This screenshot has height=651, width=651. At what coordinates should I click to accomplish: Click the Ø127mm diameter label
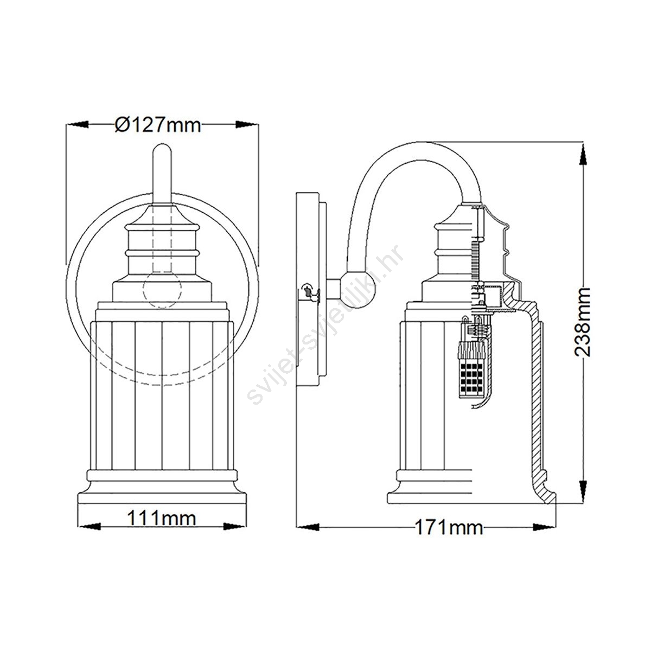point(158,125)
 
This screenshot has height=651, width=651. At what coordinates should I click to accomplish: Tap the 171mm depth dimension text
point(449,527)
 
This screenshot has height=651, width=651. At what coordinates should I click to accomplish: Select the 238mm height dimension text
point(582,322)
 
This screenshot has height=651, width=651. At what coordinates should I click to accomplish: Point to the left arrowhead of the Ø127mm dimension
point(78,125)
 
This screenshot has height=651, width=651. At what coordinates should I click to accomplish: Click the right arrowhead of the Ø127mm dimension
point(246,125)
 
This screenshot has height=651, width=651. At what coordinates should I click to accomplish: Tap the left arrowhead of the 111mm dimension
point(90,527)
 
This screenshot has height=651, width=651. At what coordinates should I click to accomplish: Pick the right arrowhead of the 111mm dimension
point(235,527)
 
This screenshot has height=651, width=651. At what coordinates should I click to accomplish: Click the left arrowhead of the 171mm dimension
point(308,527)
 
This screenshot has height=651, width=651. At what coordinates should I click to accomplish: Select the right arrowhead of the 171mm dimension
point(544,527)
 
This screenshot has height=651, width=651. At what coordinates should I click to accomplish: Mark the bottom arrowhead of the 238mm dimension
point(583,491)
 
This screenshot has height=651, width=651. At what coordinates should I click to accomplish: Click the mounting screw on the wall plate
point(309,291)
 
